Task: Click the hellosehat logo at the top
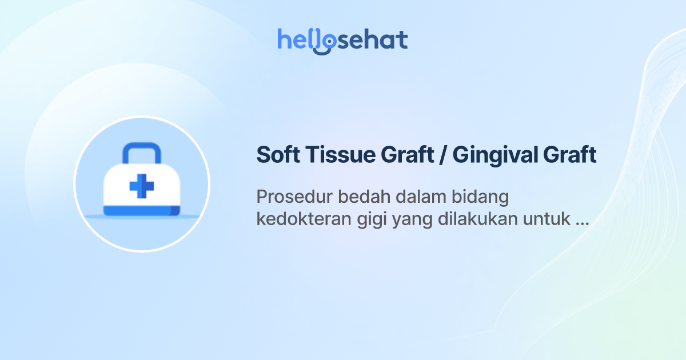coord(342,40)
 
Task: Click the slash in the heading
coord(441,155)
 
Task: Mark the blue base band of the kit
coord(141,211)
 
